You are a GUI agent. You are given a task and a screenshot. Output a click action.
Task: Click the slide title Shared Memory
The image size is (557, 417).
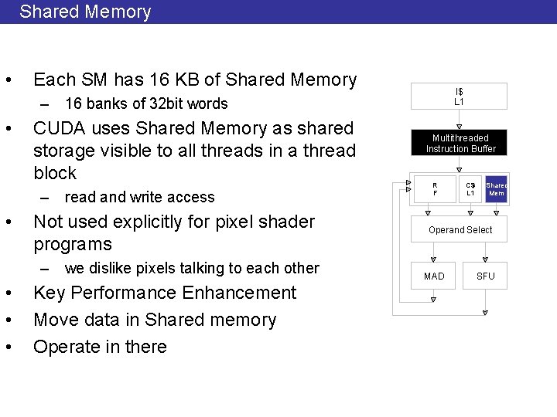coord(85,12)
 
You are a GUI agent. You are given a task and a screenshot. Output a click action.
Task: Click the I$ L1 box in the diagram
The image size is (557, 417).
coord(459,97)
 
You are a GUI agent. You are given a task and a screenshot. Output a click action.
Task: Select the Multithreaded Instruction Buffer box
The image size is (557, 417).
coord(460,143)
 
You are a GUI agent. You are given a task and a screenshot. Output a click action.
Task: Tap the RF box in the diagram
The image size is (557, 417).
coord(435,189)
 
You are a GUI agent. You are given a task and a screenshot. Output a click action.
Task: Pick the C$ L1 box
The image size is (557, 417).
coord(470,189)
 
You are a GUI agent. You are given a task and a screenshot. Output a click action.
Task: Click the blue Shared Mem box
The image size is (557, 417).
coord(496,189)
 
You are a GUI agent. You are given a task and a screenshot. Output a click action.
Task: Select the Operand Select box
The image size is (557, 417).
coord(460,230)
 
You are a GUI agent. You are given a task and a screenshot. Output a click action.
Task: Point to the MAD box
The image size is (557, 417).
coord(434,276)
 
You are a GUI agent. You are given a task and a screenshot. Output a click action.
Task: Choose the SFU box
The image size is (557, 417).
coord(485,276)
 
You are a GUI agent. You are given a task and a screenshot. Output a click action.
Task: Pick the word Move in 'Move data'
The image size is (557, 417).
coord(54,320)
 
